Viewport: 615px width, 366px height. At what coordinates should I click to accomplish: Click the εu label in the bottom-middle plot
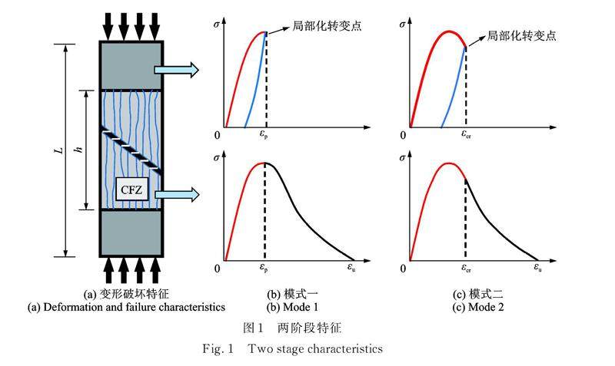pyautogui.click(x=353, y=269)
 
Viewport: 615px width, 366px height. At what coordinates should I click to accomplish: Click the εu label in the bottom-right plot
pyautogui.click(x=539, y=269)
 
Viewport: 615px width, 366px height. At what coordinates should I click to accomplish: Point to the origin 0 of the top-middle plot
pyautogui.click(x=218, y=135)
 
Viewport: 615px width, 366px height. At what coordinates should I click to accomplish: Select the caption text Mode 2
pyautogui.click(x=478, y=308)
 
